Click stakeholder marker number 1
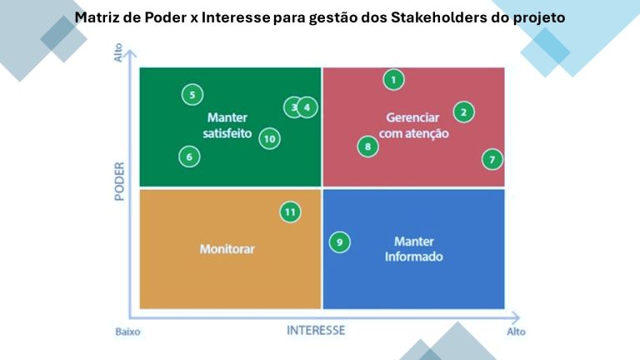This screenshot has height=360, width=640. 393,80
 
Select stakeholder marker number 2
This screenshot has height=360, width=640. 464,112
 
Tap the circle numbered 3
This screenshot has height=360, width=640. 293,107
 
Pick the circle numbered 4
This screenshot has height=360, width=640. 307,107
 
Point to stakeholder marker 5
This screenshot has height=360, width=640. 192,95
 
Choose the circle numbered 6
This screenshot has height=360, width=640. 189,156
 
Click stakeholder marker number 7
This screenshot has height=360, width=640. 492,159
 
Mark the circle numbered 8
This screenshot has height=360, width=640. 368,147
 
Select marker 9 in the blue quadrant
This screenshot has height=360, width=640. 339,242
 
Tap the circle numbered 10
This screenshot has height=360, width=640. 268,139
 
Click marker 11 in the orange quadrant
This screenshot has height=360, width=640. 290,212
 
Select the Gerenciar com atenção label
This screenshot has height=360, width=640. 414,125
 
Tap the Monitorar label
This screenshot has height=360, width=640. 227,248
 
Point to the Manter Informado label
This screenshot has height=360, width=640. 413,248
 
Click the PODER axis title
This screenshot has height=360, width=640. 119,180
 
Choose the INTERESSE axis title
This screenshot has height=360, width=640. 316,330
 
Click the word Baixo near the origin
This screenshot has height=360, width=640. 127,331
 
